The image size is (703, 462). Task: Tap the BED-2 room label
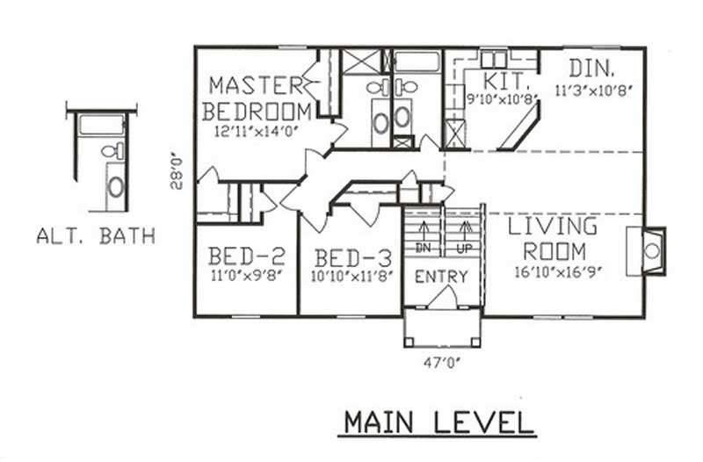tap(247, 256)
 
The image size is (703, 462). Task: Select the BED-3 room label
tap(352, 258)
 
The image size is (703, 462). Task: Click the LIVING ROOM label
tap(553, 238)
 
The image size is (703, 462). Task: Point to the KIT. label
tap(509, 81)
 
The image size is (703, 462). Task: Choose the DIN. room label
tap(592, 69)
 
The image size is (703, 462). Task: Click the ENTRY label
tap(441, 277)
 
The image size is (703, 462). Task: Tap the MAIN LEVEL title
tap(438, 422)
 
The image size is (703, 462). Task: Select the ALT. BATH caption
tap(96, 235)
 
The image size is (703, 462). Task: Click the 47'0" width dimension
tap(442, 359)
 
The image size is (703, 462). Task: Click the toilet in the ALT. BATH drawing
tap(111, 151)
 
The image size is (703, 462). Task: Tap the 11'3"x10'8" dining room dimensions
tap(593, 89)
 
